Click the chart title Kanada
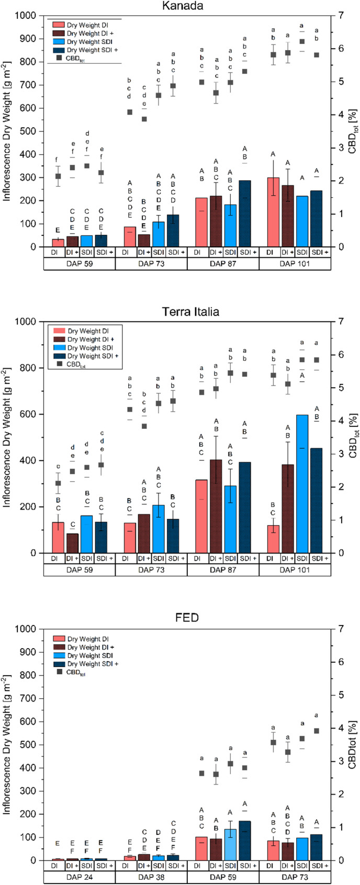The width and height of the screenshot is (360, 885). pyautogui.click(x=187, y=6)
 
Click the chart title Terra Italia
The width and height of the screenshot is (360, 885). pyautogui.click(x=187, y=312)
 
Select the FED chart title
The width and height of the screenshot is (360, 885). pyautogui.click(x=187, y=618)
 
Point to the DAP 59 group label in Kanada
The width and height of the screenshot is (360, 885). pyautogui.click(x=79, y=264)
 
